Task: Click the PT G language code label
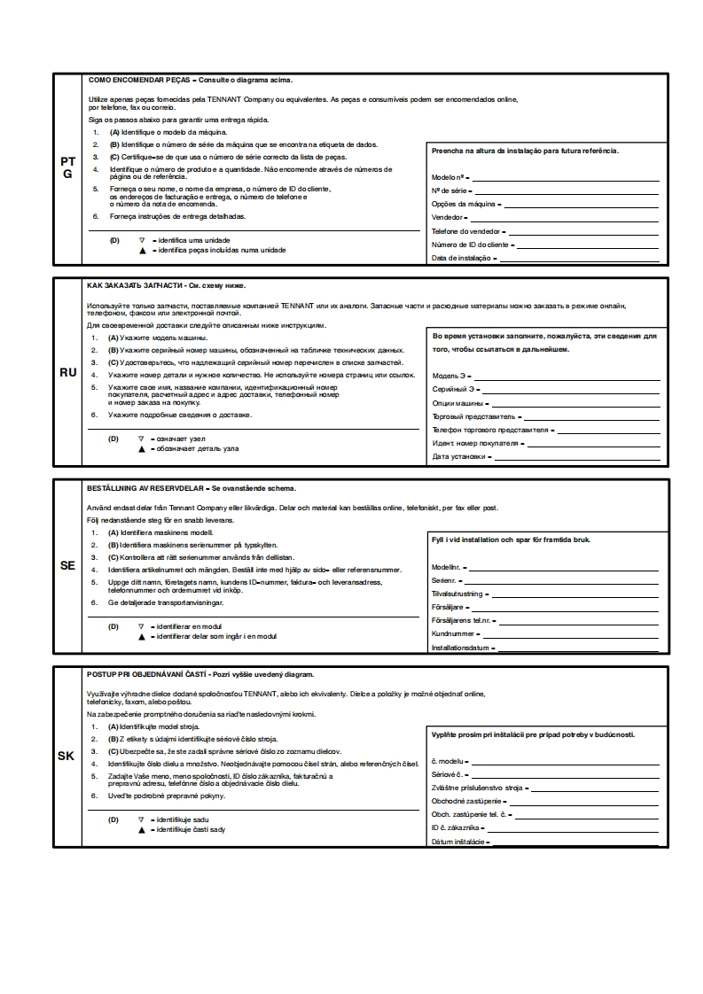67,168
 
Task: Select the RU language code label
67,373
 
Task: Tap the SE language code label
67,564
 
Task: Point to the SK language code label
66,756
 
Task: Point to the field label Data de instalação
461,259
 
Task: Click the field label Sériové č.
449,774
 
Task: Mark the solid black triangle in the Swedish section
141,636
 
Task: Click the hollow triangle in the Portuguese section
141,240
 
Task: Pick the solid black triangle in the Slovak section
141,830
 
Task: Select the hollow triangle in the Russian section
141,439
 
